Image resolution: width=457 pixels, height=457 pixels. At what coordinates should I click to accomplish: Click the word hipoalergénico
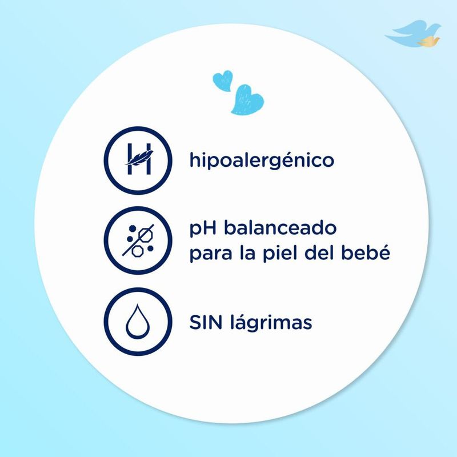point(262,161)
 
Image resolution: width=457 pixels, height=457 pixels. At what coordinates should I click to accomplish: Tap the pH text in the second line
point(203,229)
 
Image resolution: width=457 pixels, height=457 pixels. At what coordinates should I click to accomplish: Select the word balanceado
point(280,228)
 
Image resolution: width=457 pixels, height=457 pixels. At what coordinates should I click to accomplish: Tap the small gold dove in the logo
point(427,41)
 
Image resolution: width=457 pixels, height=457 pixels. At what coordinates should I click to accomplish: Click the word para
point(210,253)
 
